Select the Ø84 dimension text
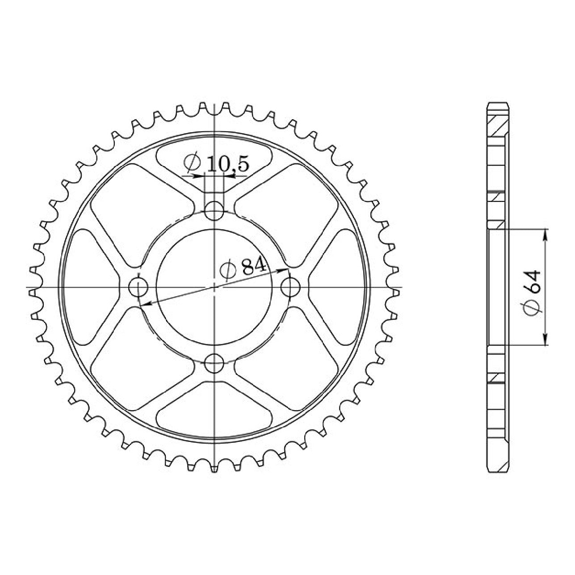[x=242, y=268]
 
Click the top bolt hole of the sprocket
[x=214, y=211]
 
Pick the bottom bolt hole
[x=214, y=363]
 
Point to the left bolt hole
[x=138, y=287]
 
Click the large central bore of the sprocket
[x=214, y=287]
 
